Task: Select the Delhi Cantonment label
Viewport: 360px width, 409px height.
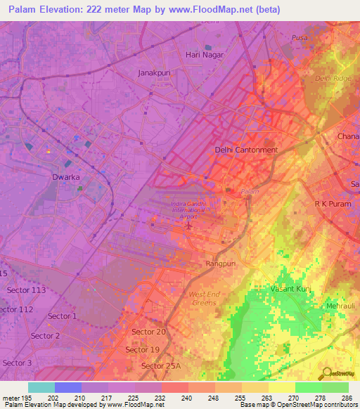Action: click(246, 150)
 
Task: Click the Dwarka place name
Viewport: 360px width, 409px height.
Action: click(66, 177)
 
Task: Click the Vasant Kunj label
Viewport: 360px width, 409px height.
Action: click(291, 289)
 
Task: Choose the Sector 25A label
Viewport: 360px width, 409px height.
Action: click(161, 366)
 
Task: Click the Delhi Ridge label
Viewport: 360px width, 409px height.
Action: click(333, 79)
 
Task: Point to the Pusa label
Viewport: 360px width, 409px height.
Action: click(300, 37)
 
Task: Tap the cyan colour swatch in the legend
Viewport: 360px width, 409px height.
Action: click(41, 387)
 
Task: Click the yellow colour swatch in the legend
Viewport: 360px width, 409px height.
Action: click(282, 387)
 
